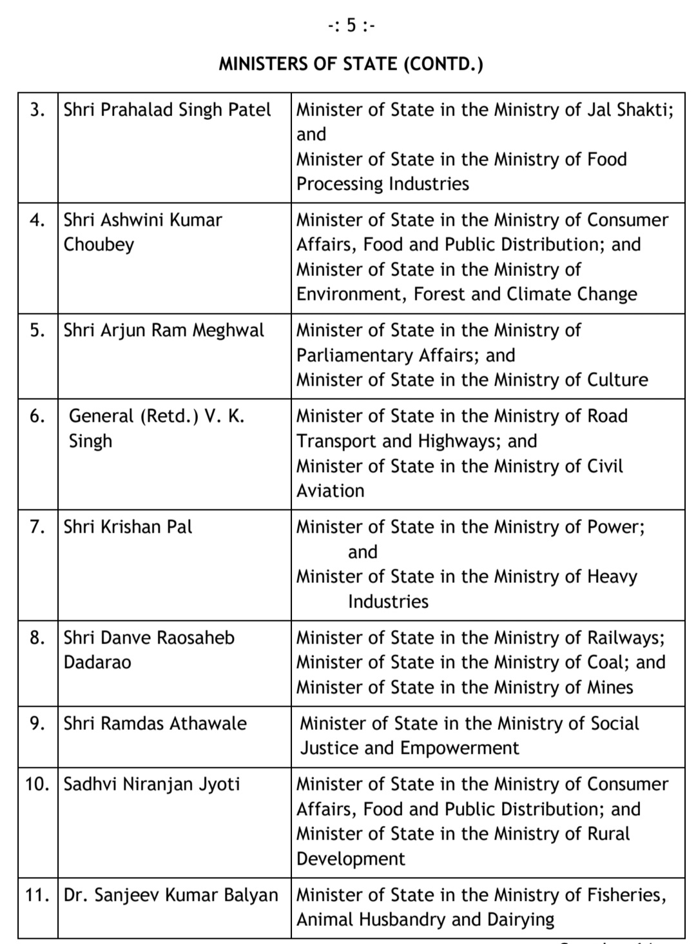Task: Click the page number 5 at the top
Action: click(x=351, y=26)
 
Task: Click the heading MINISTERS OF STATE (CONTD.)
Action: click(x=351, y=64)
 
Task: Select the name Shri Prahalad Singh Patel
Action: click(x=168, y=110)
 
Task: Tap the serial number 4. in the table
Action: click(x=37, y=220)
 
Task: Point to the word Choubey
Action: click(x=99, y=245)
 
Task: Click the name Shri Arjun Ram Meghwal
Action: click(x=164, y=331)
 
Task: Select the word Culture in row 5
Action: click(x=617, y=380)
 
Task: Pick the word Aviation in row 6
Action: click(x=330, y=491)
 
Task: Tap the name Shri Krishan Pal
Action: click(x=128, y=527)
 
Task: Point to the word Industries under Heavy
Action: click(x=388, y=602)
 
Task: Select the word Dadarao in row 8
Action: click(x=97, y=662)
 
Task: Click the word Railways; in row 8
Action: click(x=626, y=638)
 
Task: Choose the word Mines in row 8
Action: click(x=610, y=687)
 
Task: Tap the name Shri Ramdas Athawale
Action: click(x=155, y=723)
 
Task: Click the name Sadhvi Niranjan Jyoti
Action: click(x=151, y=784)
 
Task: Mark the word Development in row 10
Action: click(x=351, y=859)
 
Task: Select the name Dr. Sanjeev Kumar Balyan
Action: click(x=171, y=895)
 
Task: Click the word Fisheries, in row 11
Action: click(x=626, y=895)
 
